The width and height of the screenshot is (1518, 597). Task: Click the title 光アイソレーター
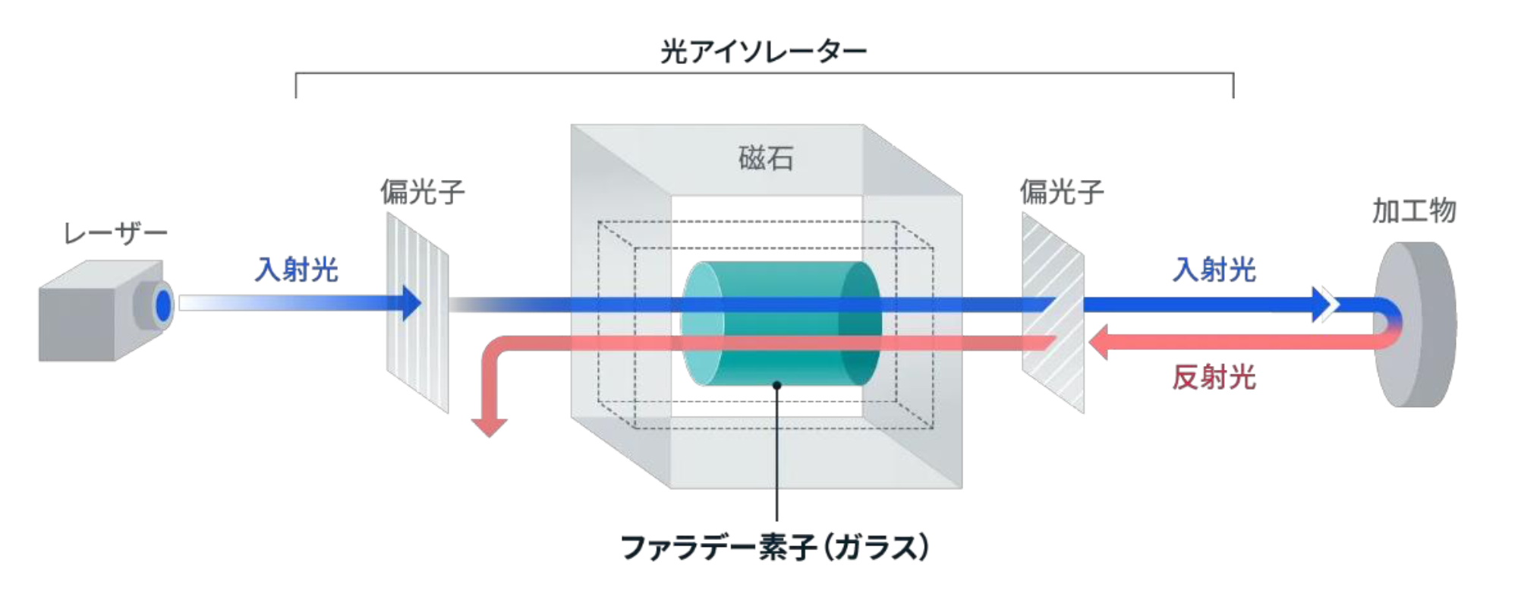pos(763,52)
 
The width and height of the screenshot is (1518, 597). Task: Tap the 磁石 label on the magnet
pos(766,158)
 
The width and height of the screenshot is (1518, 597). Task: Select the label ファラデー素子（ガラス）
pos(775,547)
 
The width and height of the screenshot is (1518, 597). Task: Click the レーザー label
pos(115,233)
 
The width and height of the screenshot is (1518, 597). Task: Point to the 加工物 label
pos(1413,210)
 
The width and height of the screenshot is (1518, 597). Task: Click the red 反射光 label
pos(1214,377)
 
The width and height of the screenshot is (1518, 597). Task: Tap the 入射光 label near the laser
pos(296,270)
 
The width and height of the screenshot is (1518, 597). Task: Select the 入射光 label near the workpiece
pos(1214,270)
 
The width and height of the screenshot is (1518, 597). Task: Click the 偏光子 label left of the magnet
pos(422,192)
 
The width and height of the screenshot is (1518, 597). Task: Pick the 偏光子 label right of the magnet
pos(1061,192)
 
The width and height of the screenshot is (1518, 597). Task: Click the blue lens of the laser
pos(163,305)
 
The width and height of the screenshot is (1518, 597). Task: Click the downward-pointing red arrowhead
pos(490,426)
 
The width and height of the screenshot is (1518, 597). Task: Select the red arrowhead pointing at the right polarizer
pos(1098,342)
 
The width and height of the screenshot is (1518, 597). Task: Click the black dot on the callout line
pos(777,386)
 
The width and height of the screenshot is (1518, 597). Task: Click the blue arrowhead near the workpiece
pos(1323,304)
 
